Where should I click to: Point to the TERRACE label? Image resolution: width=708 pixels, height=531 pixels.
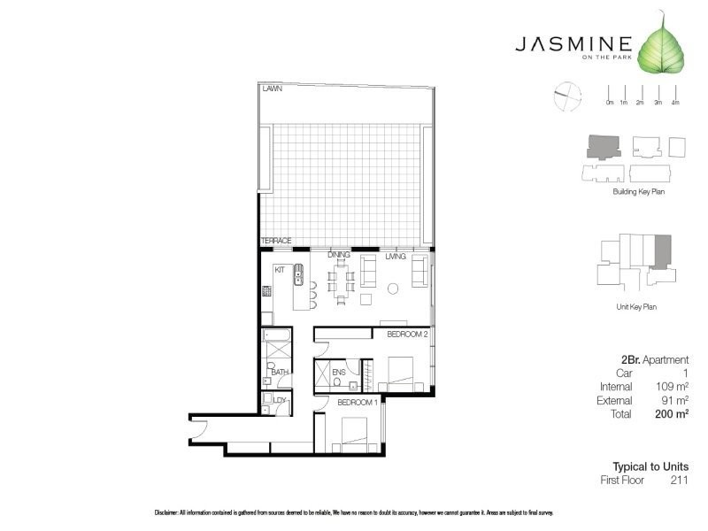click(x=276, y=241)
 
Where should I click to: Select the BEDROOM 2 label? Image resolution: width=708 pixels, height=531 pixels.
click(x=407, y=335)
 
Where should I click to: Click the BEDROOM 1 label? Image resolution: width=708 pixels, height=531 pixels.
click(x=358, y=404)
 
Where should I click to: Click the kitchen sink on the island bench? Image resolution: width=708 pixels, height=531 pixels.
click(x=299, y=274)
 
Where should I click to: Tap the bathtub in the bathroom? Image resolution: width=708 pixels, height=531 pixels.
click(x=273, y=337)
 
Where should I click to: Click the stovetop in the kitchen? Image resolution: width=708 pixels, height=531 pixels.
click(x=265, y=289)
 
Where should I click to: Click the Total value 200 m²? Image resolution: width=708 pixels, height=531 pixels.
click(x=671, y=413)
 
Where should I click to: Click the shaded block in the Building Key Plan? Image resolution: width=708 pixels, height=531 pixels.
click(x=605, y=146)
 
